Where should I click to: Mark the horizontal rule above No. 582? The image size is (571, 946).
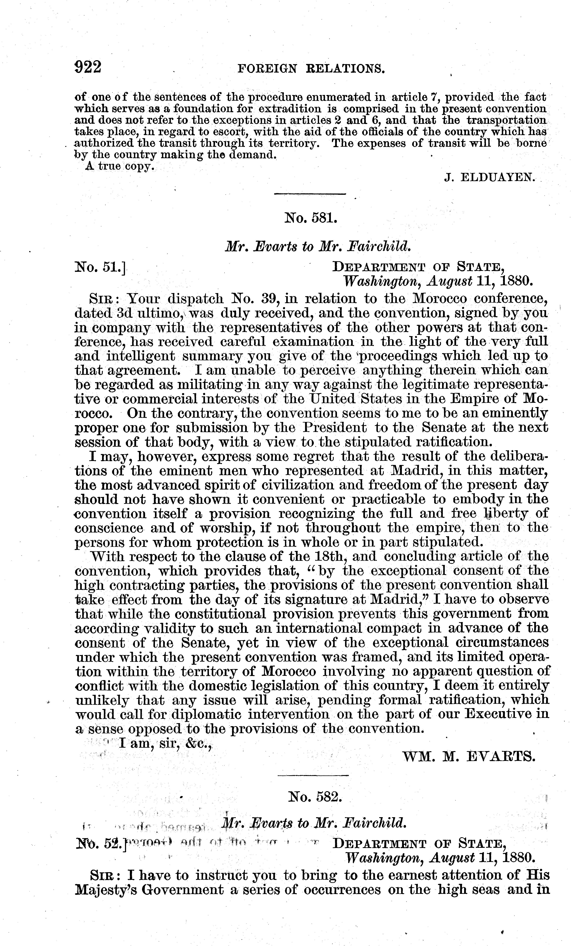pos(312,775)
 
